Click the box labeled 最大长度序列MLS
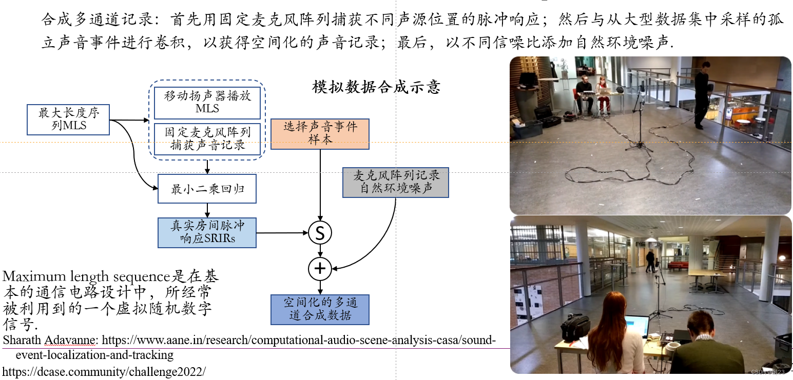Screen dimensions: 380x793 (69, 119)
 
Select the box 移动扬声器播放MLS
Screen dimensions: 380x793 (207, 102)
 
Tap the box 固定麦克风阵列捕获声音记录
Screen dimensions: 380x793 (207, 139)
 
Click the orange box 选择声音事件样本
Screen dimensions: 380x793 (320, 133)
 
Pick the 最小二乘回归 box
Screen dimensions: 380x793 (207, 189)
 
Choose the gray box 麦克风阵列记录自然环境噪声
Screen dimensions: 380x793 (395, 182)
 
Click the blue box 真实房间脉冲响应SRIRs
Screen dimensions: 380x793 (207, 232)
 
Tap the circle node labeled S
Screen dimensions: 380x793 (320, 233)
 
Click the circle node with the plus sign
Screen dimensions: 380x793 (320, 268)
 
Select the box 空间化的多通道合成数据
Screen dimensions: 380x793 (320, 309)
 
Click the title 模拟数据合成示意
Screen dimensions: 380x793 (376, 87)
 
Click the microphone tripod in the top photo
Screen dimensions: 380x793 (640, 123)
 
